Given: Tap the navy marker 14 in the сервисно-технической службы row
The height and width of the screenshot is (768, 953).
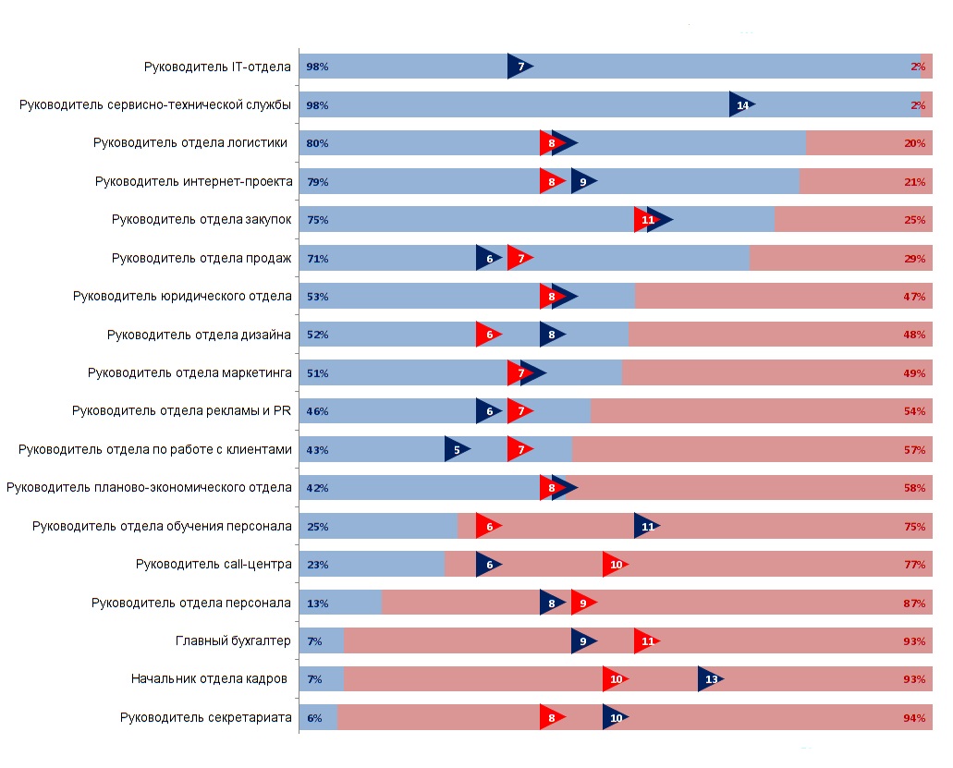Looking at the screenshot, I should point(741,105).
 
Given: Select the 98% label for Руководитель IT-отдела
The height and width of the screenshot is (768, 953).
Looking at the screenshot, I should point(317,67).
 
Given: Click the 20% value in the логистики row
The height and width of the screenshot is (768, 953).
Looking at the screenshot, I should point(915,143).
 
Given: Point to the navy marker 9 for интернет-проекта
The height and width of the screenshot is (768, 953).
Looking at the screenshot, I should point(582,182).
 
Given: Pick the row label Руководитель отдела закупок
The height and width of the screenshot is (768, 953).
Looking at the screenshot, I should point(202,220).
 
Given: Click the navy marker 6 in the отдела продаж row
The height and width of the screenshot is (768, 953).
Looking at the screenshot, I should point(488,259).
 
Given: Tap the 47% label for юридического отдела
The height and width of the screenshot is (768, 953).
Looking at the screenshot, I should point(915,297).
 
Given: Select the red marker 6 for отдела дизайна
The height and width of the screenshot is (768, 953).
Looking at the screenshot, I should point(487,335).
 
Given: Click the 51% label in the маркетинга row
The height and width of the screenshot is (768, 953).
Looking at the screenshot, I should point(317,373).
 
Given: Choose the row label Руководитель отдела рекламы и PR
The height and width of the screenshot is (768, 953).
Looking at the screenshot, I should point(181,411).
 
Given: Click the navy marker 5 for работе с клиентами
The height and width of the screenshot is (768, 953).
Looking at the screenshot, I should point(456,450).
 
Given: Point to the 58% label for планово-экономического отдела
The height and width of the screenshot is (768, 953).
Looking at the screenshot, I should point(915,488).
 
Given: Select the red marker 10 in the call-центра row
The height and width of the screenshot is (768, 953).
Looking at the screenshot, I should point(615,565).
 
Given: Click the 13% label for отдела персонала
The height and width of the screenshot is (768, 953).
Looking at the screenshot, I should point(317,603).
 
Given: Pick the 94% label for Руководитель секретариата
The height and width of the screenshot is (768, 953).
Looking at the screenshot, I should point(915,718).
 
